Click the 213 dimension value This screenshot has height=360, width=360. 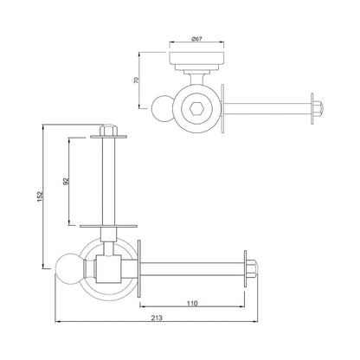click(x=157, y=318)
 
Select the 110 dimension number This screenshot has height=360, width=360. click(x=192, y=303)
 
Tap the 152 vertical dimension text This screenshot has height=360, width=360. click(x=41, y=196)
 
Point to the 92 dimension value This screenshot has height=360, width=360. click(x=66, y=181)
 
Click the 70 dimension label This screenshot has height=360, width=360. click(x=137, y=80)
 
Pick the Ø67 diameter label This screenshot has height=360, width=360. click(x=196, y=39)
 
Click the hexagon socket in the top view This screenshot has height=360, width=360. click(x=196, y=109)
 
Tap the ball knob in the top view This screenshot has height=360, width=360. click(x=162, y=108)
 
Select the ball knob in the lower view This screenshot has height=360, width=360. click(x=68, y=268)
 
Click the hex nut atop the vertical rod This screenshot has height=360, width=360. click(x=108, y=130)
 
